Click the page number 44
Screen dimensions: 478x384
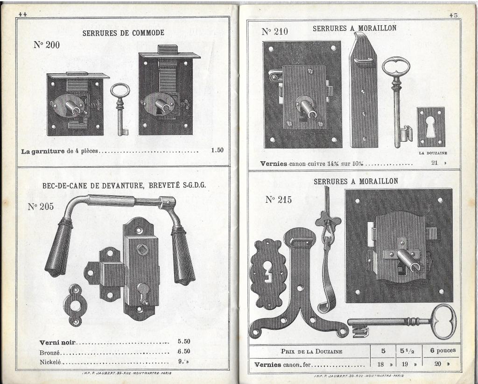click(x=22, y=14)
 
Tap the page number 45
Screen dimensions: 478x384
click(x=454, y=15)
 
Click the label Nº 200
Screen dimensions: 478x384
click(x=47, y=45)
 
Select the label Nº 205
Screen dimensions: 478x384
click(x=41, y=206)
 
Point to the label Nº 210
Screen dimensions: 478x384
click(x=274, y=31)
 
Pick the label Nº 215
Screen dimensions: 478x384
click(x=278, y=200)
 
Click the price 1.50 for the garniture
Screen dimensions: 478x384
click(x=218, y=150)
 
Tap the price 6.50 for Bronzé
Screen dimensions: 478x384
click(x=184, y=351)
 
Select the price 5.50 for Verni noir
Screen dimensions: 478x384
click(x=184, y=341)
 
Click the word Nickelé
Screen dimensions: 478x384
click(x=50, y=363)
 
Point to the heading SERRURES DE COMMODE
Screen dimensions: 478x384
click(x=123, y=33)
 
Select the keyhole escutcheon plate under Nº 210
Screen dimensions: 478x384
click(x=431, y=127)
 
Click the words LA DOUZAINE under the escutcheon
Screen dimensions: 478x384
click(x=433, y=153)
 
